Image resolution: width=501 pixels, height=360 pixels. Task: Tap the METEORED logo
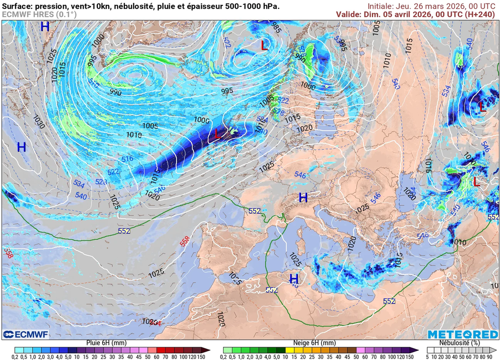[x=462, y=335]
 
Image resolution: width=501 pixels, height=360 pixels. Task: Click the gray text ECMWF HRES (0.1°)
[x=39, y=15]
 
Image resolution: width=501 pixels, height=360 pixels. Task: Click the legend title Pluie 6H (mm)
[x=107, y=343]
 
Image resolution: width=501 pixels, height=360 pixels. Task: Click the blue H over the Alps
[x=303, y=198]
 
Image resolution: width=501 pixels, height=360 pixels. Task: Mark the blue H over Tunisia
[x=294, y=279]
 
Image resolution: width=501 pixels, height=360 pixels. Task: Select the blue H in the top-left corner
[x=45, y=26]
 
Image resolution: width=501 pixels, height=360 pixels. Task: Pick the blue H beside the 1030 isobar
[x=22, y=147]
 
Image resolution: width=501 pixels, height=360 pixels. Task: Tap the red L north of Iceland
[x=264, y=45]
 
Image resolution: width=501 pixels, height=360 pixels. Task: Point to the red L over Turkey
[x=476, y=182]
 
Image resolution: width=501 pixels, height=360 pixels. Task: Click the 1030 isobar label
[x=39, y=122]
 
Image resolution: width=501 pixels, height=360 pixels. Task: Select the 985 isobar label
[x=277, y=26]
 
